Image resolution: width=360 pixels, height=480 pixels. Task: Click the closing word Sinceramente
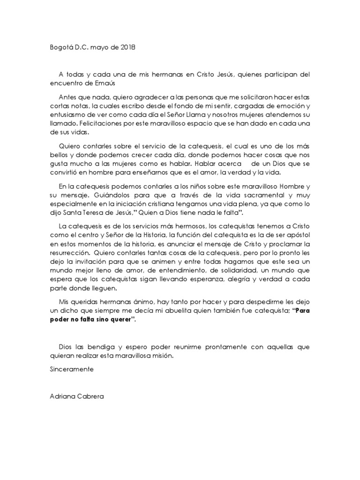pos(72,369)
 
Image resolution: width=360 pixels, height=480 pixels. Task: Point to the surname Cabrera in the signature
pos(93,395)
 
